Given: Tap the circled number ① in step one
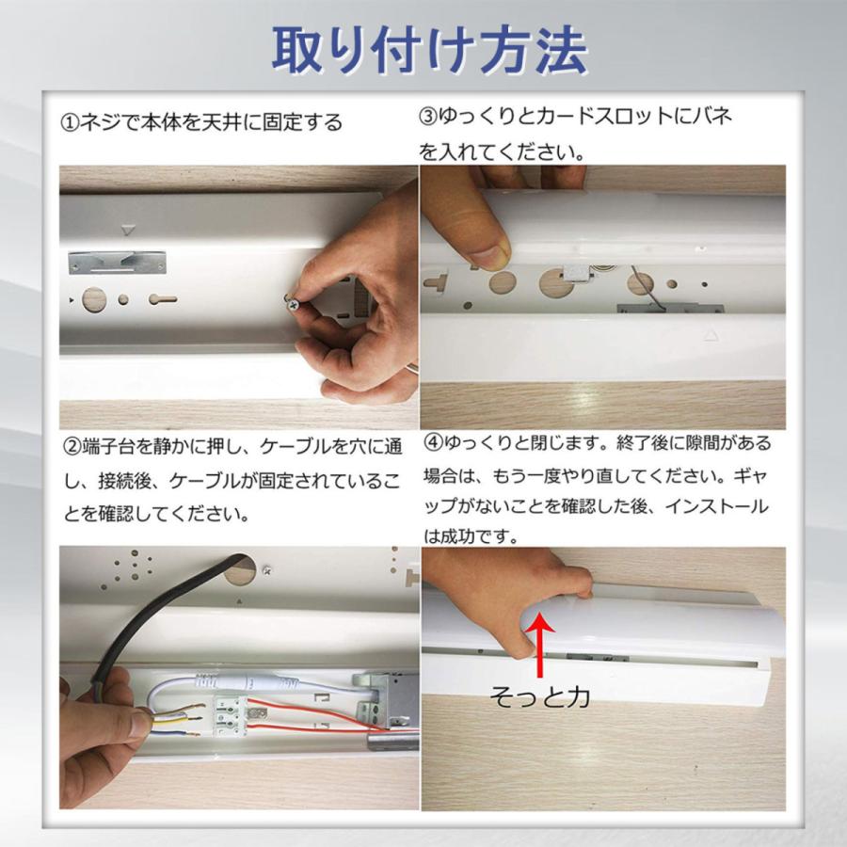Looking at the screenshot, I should (x=71, y=123).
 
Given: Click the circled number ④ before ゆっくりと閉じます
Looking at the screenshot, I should (x=433, y=442).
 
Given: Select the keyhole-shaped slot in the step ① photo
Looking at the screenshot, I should (x=161, y=300).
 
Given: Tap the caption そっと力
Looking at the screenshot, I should (x=540, y=696).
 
